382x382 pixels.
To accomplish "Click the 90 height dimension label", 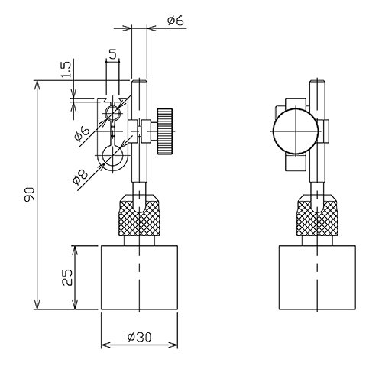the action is click(x=29, y=195).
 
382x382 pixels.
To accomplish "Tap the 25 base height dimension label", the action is click(x=67, y=277).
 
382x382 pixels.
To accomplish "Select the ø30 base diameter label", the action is click(x=140, y=337).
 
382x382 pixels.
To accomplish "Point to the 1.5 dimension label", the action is click(x=66, y=70).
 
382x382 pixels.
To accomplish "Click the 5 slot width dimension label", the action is click(x=112, y=54).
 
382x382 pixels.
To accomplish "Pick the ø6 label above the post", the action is click(x=176, y=21).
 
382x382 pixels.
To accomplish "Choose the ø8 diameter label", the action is click(x=80, y=177).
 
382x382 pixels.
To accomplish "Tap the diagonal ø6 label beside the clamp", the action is click(x=83, y=134).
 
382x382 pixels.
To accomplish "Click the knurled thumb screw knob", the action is click(x=164, y=131).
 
